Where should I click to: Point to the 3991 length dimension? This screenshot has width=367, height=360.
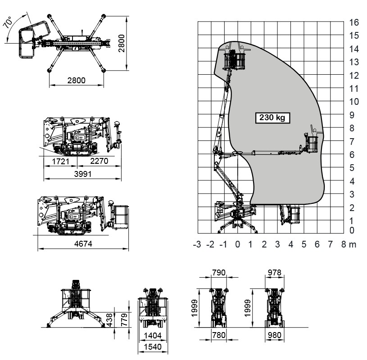[82, 174]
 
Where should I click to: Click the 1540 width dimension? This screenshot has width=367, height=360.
[152, 348]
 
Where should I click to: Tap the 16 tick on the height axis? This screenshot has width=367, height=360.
[354, 22]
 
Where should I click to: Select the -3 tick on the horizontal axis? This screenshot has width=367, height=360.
[196, 244]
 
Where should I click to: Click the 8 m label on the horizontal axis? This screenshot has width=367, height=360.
[349, 244]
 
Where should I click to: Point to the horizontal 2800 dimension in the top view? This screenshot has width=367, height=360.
[75, 81]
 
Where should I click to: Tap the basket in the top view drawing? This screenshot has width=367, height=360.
[27, 42]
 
